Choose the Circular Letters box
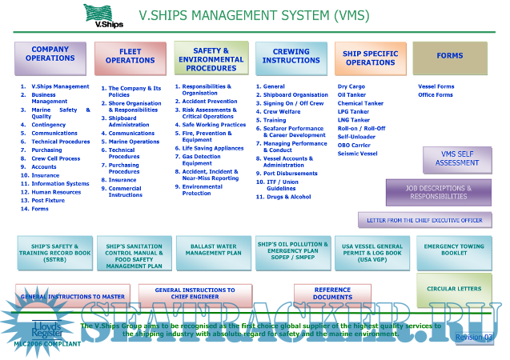point(454,289)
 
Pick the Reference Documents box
point(332,294)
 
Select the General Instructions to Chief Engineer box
point(195,294)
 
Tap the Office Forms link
point(435,95)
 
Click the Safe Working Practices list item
point(214,125)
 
